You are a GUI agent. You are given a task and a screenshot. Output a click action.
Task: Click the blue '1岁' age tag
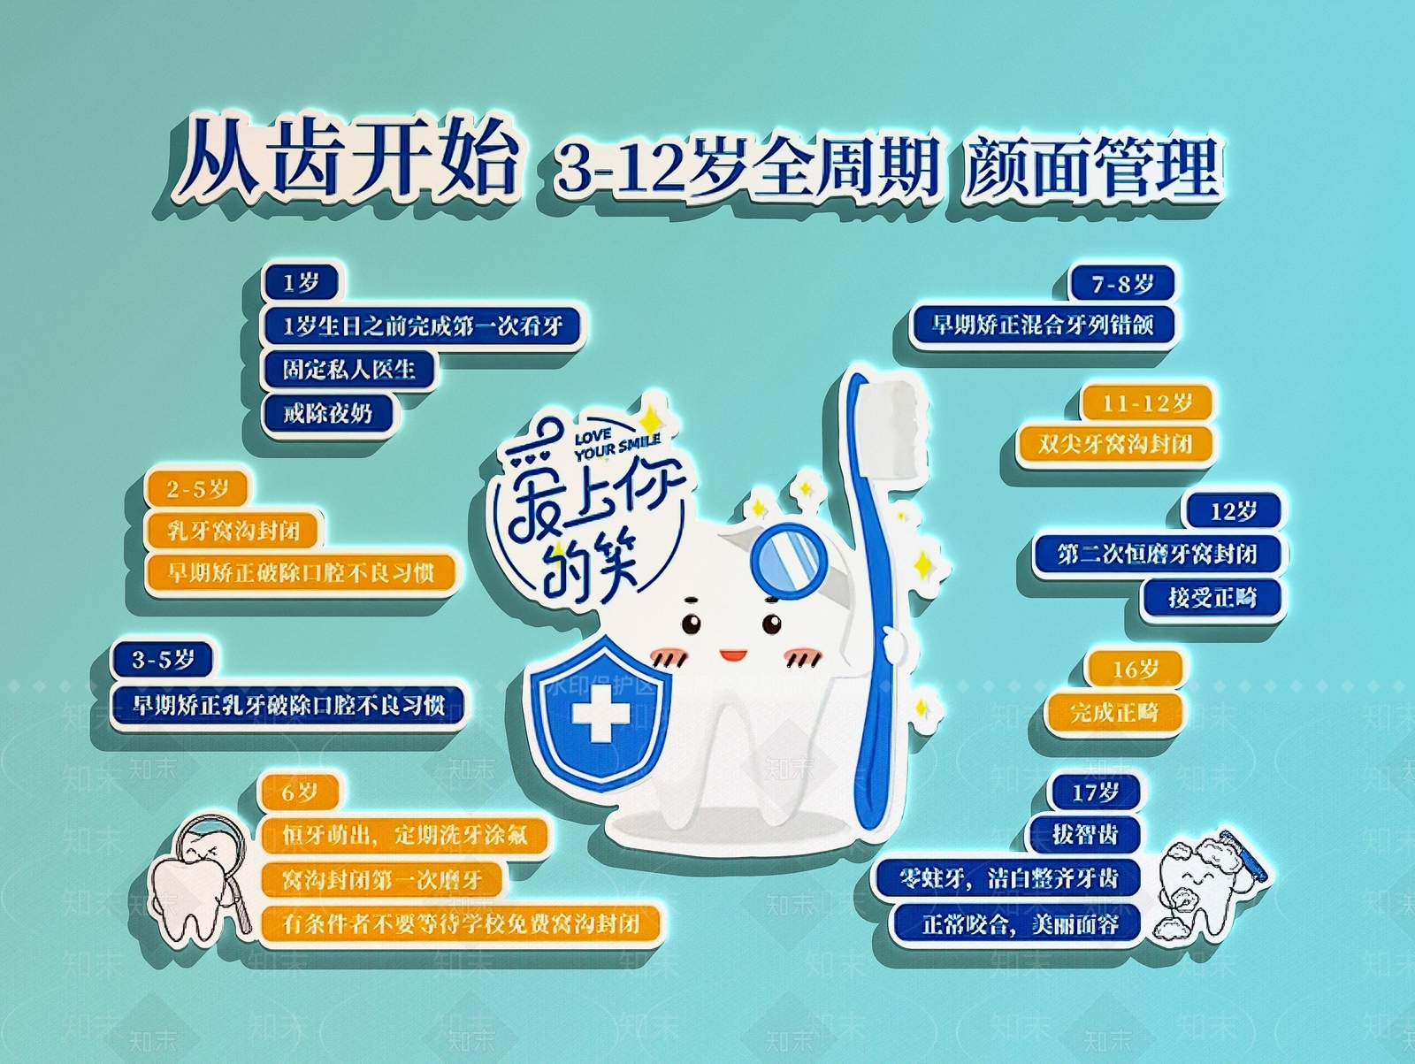pos(301,283)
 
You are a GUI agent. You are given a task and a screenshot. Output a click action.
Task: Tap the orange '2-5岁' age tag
pos(197,489)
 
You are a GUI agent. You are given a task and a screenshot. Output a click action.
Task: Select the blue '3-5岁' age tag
pos(163,660)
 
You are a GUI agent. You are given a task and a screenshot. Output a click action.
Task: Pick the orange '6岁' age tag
pos(299,792)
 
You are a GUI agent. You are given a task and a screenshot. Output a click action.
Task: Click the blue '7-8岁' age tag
pos(1121,284)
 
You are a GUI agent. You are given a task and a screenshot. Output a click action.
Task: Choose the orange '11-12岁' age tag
pos(1146,403)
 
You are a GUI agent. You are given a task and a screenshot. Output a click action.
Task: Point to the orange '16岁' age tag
pos(1135,670)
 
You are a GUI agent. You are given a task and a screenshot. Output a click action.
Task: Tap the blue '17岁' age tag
pos(1095,792)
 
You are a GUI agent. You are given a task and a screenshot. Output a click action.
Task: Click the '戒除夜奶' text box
pos(327,413)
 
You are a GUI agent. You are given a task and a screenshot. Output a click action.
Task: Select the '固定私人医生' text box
pos(348,369)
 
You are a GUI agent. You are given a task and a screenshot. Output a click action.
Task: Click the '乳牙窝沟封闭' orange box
pos(233,531)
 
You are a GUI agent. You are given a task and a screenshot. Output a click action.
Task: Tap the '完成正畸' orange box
pos(1113,711)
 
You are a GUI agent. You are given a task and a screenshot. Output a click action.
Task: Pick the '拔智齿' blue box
pos(1084,834)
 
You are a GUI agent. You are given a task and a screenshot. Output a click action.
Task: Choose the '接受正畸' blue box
pos(1212,597)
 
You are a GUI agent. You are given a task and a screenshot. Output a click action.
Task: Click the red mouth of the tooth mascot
pos(732,655)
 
